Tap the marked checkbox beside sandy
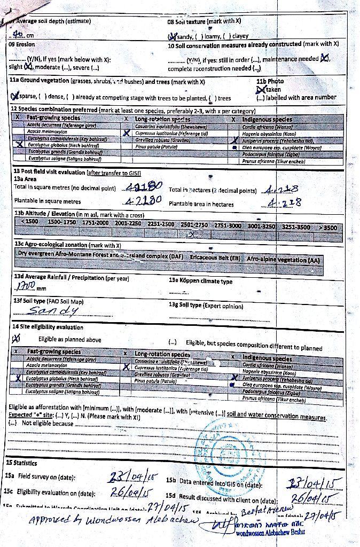coord(172,36)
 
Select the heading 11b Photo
coord(270,81)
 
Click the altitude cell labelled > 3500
coord(327,228)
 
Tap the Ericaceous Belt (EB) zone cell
coord(215,258)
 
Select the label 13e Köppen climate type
coord(200,281)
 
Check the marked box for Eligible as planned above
coord(16,338)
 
